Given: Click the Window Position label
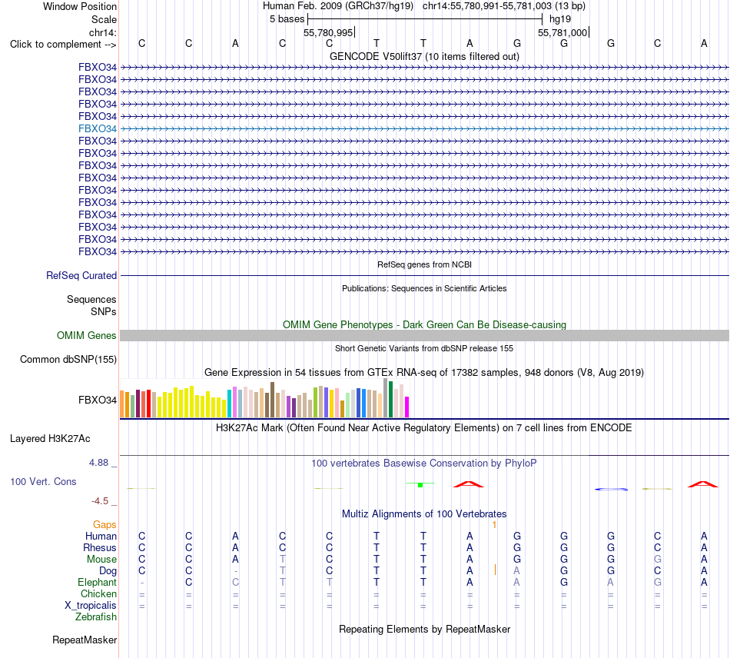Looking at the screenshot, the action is (x=80, y=6).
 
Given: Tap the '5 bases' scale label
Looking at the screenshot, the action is (x=287, y=19).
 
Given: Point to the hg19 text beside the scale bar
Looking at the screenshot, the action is (x=560, y=19).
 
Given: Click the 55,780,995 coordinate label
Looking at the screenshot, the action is (x=328, y=32).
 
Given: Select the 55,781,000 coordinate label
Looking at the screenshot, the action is (x=562, y=32).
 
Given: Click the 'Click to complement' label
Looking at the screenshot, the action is (x=63, y=45).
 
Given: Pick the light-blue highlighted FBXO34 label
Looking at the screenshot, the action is (x=98, y=128).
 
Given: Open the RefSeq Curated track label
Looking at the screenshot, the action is (x=81, y=276).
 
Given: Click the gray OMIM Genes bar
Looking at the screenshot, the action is (x=424, y=335).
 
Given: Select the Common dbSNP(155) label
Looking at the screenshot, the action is (x=68, y=360).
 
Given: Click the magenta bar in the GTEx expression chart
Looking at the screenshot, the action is (x=407, y=407).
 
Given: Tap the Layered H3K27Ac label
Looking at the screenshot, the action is (x=50, y=439).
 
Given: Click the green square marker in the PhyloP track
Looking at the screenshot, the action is (x=420, y=485).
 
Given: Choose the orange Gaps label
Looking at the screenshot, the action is (x=105, y=525).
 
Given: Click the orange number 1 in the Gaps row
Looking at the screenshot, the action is (x=494, y=525).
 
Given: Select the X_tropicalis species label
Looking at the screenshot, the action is (x=91, y=606).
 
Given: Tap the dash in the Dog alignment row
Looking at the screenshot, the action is (x=236, y=571).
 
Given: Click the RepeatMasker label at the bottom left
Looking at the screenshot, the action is (x=85, y=640).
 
